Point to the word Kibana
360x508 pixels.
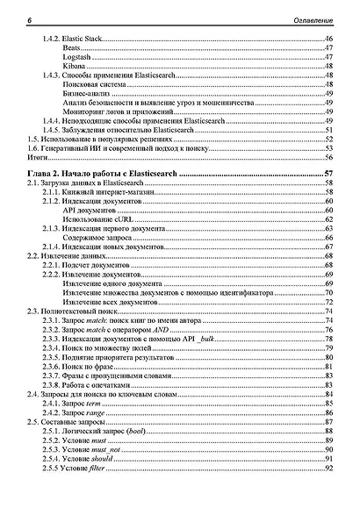(74, 67)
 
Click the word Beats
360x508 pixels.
(73, 49)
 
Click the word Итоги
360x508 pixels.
(38, 157)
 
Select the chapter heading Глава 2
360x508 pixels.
(47, 175)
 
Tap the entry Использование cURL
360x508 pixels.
(99, 220)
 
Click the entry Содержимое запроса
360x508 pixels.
(97, 239)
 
